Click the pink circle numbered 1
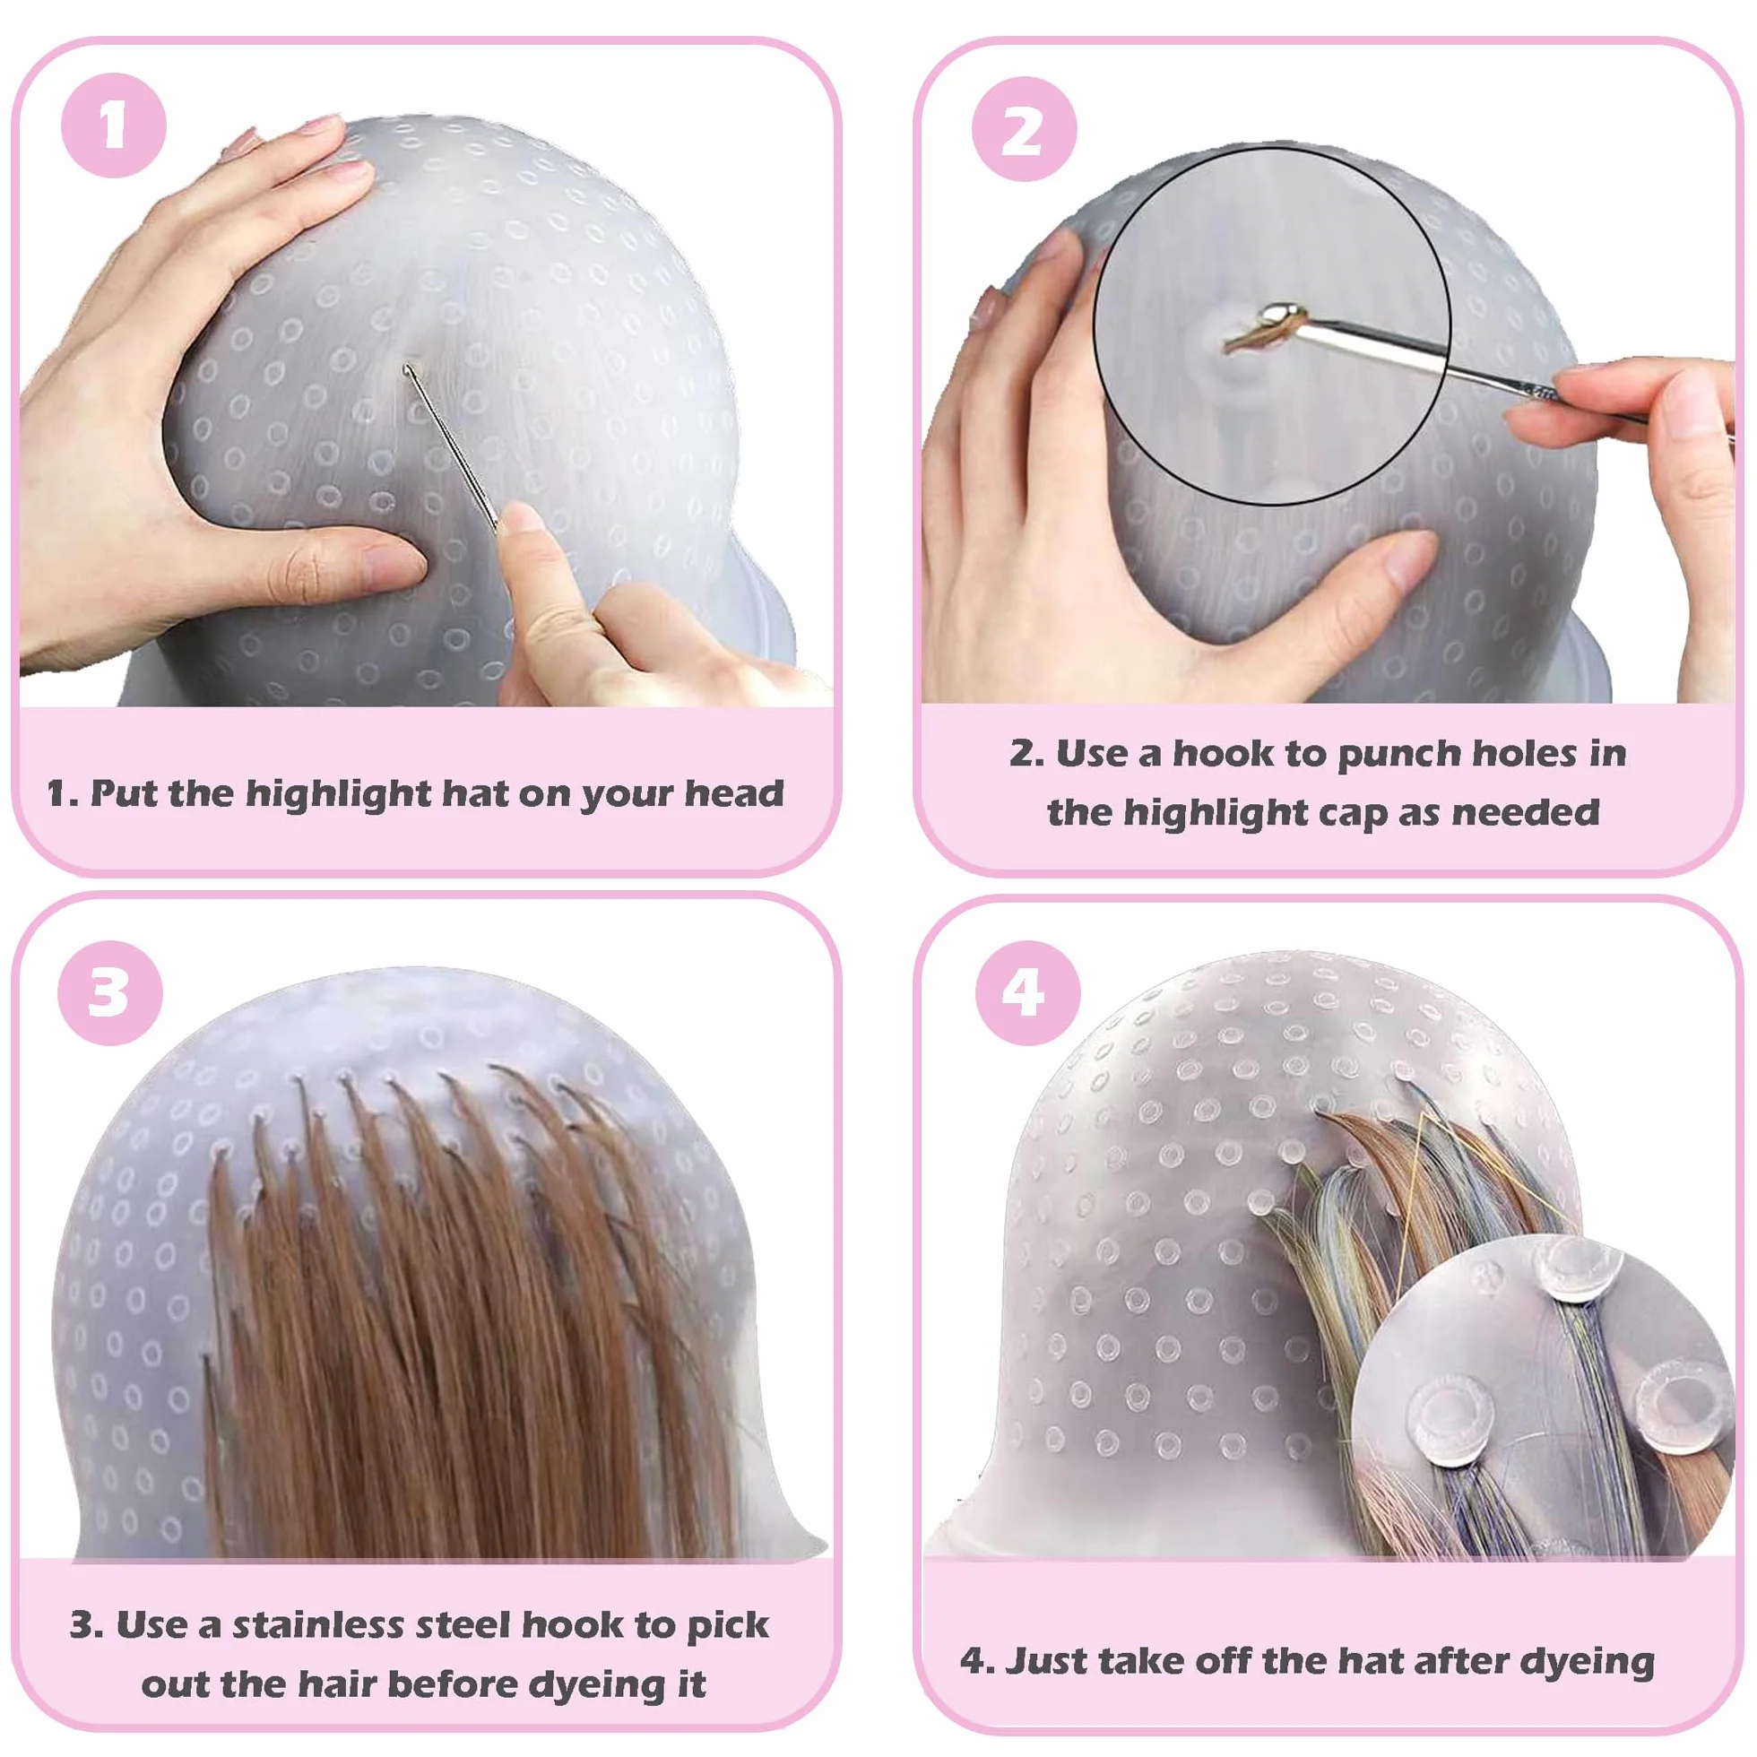tap(114, 125)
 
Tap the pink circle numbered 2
tap(1024, 129)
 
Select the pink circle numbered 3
tap(110, 992)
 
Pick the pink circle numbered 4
tap(1027, 993)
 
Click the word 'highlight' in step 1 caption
tap(339, 794)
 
